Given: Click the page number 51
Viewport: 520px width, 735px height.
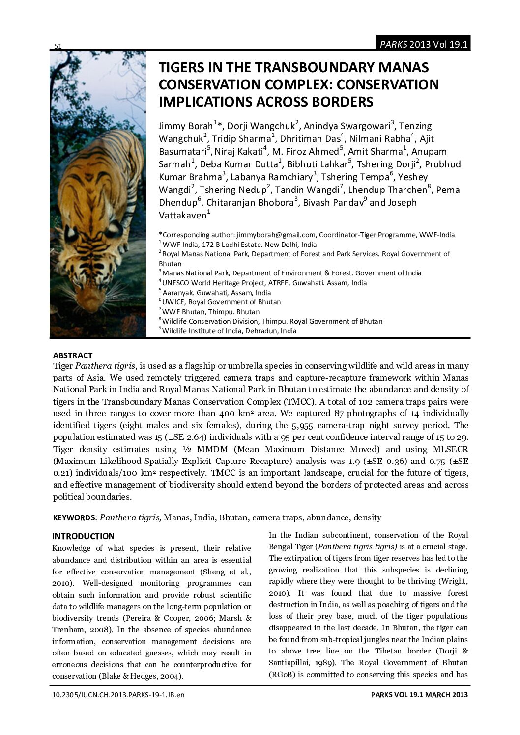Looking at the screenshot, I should [58, 46].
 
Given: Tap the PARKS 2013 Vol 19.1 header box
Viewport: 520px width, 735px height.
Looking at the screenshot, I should [423, 44].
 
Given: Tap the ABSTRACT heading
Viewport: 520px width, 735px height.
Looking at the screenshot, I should [73, 355].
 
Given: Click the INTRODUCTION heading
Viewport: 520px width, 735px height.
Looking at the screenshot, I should [83, 536].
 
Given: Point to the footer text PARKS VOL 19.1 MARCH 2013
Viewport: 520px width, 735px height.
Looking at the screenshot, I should [419, 695].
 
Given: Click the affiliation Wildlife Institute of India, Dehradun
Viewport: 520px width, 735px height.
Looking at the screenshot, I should [229, 331].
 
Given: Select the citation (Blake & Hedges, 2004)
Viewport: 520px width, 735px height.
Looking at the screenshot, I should [141, 676].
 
